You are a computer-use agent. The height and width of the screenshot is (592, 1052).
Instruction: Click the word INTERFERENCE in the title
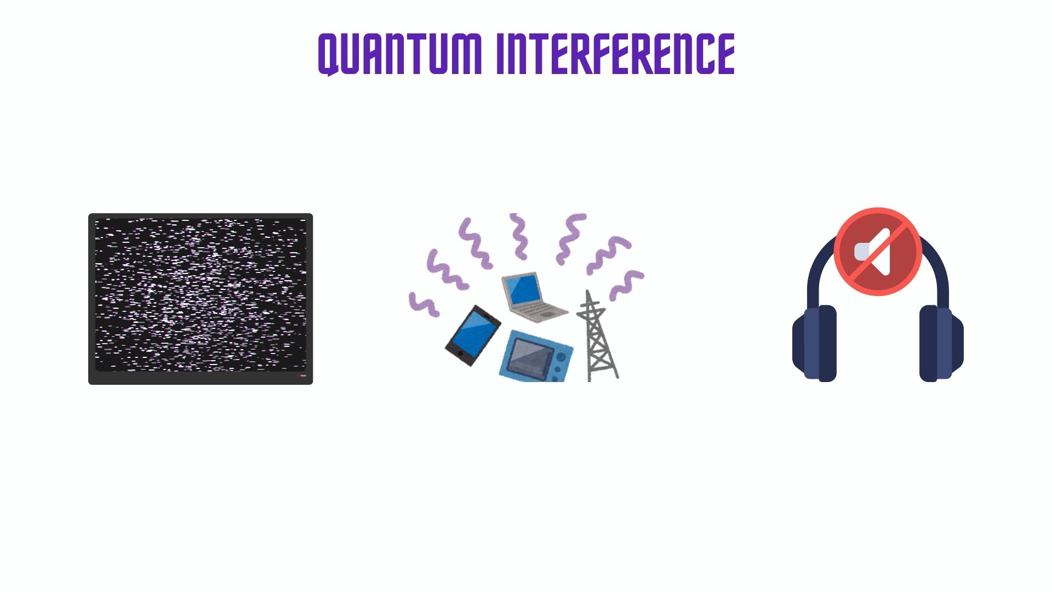615,54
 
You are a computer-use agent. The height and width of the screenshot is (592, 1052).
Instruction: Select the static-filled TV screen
201,295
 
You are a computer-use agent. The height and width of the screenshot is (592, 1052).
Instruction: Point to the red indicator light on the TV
299,376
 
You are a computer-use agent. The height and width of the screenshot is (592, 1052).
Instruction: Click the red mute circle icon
878,252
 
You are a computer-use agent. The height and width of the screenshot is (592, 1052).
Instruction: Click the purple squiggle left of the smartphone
424,305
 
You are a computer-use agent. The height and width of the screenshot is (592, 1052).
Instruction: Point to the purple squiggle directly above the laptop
519,237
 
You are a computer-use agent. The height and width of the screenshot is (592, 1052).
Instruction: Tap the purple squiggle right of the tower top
627,284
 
